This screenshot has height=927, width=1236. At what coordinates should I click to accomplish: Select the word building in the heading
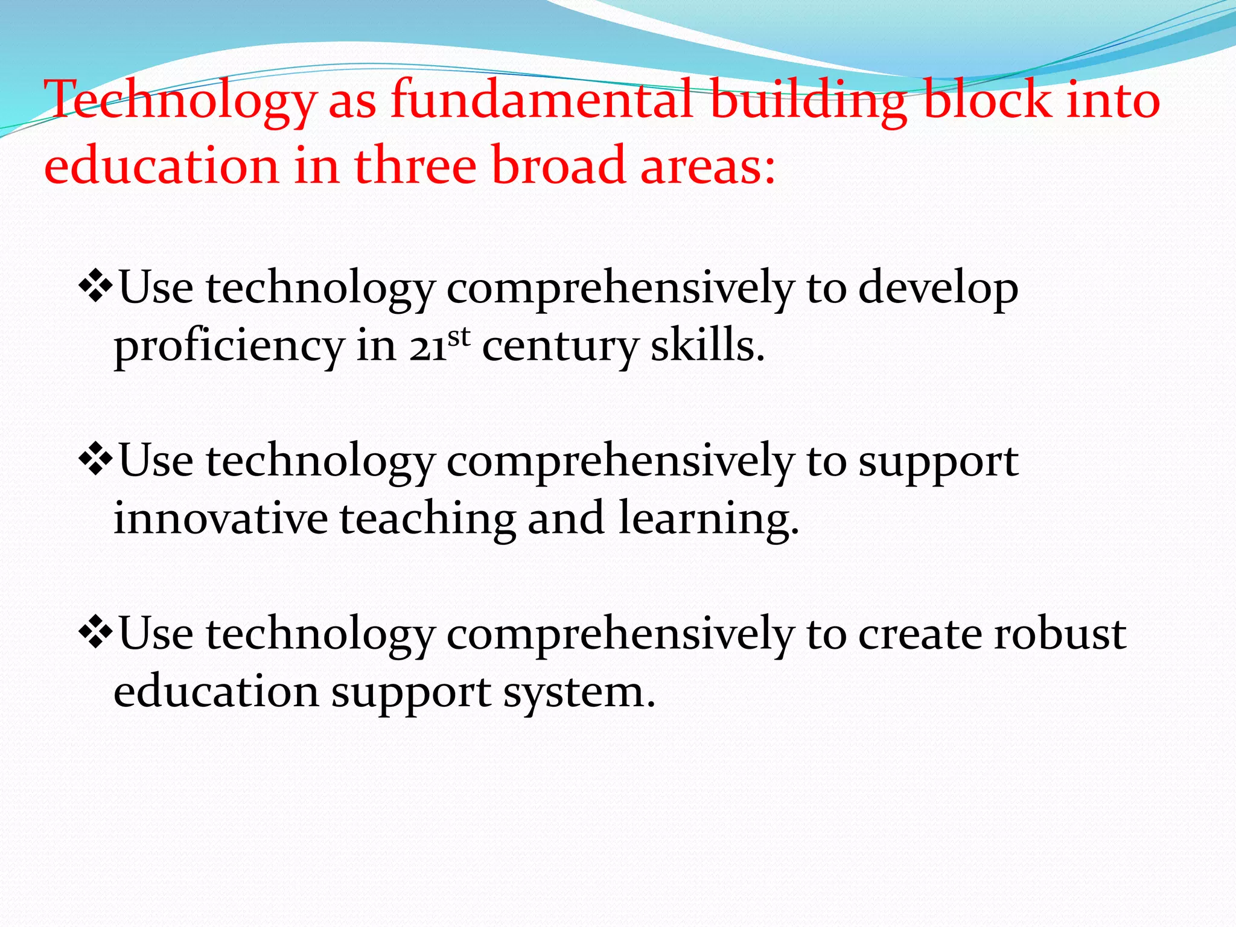point(808,100)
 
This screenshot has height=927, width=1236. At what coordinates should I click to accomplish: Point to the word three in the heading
point(415,165)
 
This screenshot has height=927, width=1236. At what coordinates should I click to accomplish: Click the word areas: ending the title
point(707,166)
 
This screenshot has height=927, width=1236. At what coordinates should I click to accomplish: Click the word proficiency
point(229,347)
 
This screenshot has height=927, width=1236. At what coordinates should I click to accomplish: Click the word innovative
point(220,518)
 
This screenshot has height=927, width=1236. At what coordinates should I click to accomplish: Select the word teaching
point(427,520)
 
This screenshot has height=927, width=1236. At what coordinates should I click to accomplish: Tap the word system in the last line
point(579,693)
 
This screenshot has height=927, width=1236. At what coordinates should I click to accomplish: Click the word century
point(559,347)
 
